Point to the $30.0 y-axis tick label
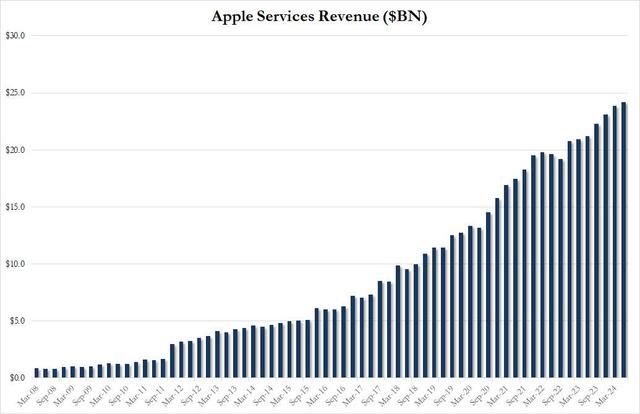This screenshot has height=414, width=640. (x=15, y=36)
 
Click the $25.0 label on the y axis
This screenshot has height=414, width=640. (x=15, y=93)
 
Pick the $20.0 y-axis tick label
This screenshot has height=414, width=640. (x=15, y=150)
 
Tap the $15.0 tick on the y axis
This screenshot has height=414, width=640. (x=15, y=207)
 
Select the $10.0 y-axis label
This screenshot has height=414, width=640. (x=15, y=264)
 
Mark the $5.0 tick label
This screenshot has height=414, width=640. (x=17, y=321)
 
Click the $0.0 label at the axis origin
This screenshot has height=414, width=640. (x=17, y=378)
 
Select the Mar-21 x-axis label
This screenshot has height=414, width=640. (x=506, y=393)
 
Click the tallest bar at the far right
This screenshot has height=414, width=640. (x=624, y=240)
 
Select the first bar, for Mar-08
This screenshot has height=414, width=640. (x=37, y=373)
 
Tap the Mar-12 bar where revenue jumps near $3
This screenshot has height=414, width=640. (x=173, y=361)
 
